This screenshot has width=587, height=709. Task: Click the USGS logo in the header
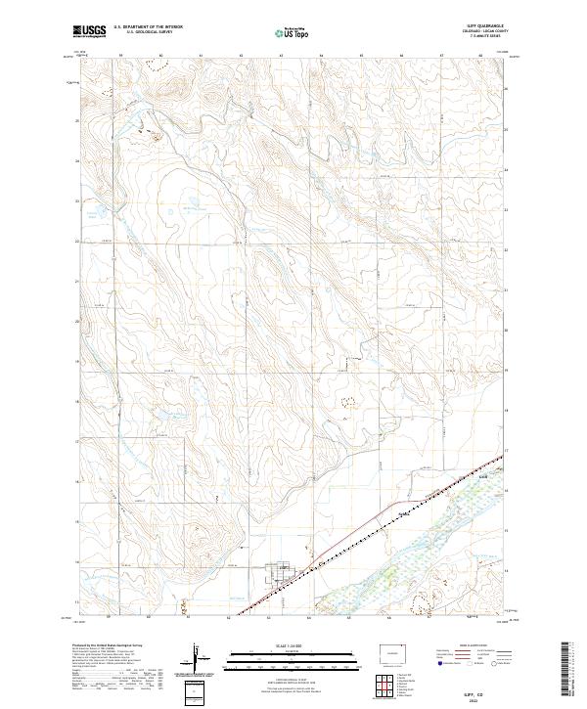[90, 31]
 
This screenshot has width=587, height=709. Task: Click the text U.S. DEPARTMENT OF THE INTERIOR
[148, 27]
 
